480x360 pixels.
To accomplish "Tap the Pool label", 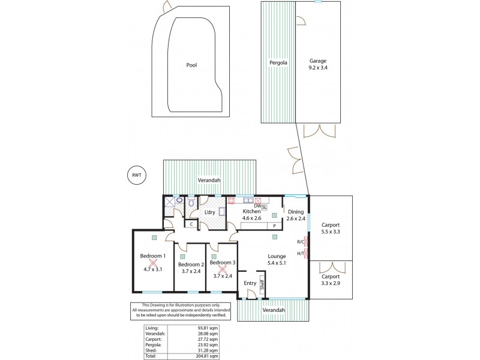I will (191, 65).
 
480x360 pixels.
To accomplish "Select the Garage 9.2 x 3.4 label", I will (318, 65).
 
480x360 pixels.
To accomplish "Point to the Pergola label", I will (278, 62).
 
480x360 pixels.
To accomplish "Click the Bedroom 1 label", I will (152, 256).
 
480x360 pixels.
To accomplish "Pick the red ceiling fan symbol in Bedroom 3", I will (222, 269).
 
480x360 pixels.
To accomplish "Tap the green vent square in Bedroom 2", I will (182, 256).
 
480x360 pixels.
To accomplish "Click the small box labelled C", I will (191, 224).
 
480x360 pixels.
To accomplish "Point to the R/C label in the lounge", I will (300, 242).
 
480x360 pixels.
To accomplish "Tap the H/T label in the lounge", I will (300, 253).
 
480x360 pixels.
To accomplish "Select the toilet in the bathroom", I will (191, 203).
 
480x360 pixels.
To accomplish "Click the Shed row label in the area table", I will (151, 351).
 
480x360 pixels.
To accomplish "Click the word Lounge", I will (277, 256).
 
